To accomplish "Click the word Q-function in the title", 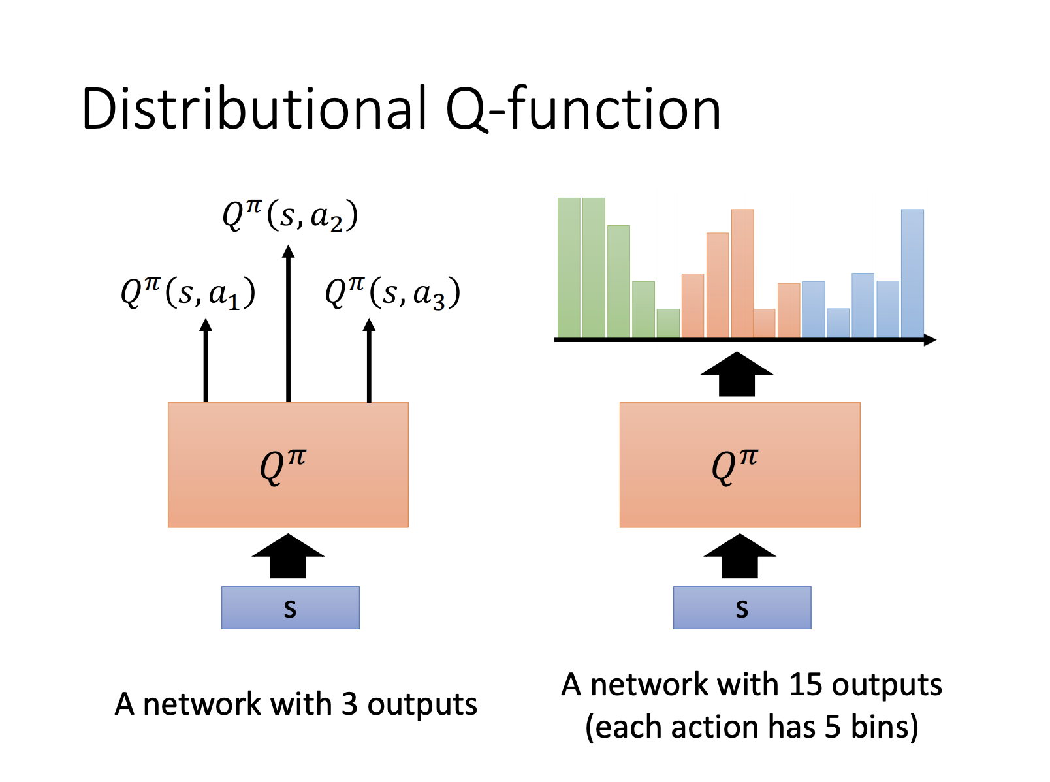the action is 583,109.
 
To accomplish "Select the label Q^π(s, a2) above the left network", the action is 290,216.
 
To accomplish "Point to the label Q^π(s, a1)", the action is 188,293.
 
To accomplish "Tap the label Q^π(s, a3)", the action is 392,293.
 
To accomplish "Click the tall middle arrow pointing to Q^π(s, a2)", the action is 289,324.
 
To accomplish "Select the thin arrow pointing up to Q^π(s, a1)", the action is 206,360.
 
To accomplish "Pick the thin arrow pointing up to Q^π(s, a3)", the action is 369,360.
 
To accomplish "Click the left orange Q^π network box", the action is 289,465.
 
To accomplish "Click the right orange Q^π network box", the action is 740,465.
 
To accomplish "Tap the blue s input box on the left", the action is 291,608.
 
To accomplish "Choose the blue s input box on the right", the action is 742,608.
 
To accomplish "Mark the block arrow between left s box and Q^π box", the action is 289,555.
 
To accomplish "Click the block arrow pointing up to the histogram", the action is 737,374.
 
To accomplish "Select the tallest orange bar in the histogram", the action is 742,274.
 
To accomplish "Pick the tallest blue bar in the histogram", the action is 912,274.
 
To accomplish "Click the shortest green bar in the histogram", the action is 668,323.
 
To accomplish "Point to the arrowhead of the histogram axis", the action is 930,340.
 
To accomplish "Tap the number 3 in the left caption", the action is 349,704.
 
